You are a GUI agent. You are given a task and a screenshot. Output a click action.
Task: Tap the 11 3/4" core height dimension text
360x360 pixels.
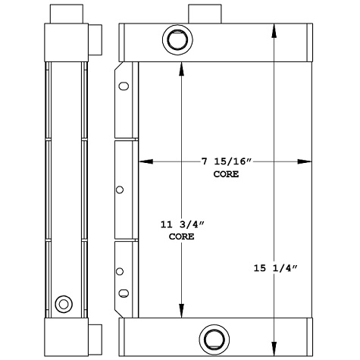coord(181,225)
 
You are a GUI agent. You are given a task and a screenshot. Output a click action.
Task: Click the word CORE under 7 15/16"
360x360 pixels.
coord(227,174)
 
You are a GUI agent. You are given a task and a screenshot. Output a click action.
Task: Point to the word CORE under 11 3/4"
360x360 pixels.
coord(181,237)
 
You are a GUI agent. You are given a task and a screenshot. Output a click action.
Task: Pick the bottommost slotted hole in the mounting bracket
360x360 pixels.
coord(121,293)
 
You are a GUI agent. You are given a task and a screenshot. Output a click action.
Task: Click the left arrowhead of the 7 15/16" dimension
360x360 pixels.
coord(142,161)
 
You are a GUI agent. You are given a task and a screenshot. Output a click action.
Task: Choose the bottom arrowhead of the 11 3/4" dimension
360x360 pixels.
coord(180,311)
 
